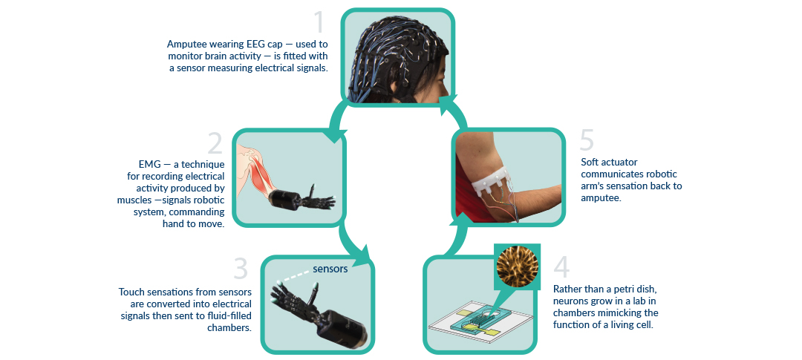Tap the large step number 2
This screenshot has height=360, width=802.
click(215, 143)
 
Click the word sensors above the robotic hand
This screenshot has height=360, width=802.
click(330, 269)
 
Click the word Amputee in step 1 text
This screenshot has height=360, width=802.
click(188, 44)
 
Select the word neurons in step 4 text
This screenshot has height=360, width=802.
click(570, 301)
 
